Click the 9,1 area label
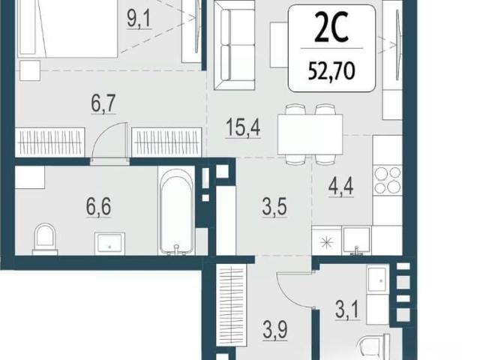[x=139, y=19]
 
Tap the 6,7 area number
[x=103, y=103]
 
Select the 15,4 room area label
[x=243, y=127]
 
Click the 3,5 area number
[x=274, y=207]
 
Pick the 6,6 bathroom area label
[x=98, y=207]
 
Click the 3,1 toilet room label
[x=347, y=310]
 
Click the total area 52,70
[x=331, y=72]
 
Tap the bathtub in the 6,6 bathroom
[x=177, y=211]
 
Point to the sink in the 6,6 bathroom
[x=109, y=244]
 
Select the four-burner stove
[x=388, y=180]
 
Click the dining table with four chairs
[x=310, y=134]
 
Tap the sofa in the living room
[x=235, y=45]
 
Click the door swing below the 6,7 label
[x=109, y=140]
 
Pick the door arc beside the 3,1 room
[x=295, y=289]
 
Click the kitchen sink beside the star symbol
[x=356, y=241]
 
